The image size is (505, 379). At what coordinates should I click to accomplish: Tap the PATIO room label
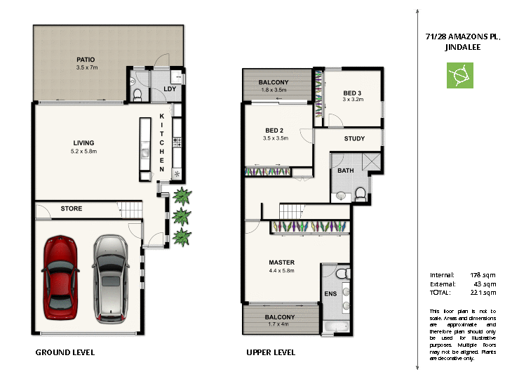coord(86,60)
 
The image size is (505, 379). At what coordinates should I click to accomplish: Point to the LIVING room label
coord(83,142)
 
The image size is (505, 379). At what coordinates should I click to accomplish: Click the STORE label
coord(72,208)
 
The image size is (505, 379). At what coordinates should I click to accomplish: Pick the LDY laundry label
coord(169,88)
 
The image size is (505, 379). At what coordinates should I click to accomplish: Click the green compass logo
coord(460,75)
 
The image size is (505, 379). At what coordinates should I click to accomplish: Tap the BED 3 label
coord(352,93)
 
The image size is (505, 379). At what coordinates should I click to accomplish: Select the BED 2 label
coord(274,130)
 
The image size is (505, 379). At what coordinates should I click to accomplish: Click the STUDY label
coord(354,138)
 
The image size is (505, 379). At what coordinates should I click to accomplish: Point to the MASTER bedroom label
coord(282,262)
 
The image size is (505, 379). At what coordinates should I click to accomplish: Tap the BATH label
coord(345,171)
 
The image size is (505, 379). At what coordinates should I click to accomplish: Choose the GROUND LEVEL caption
coord(65,352)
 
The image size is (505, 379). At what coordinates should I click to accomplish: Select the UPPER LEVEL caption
coord(271,352)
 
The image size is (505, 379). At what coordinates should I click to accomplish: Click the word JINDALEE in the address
coord(460,48)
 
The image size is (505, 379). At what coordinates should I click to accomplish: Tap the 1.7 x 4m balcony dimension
coord(279,325)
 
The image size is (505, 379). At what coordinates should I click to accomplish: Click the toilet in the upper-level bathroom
coord(361,192)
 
